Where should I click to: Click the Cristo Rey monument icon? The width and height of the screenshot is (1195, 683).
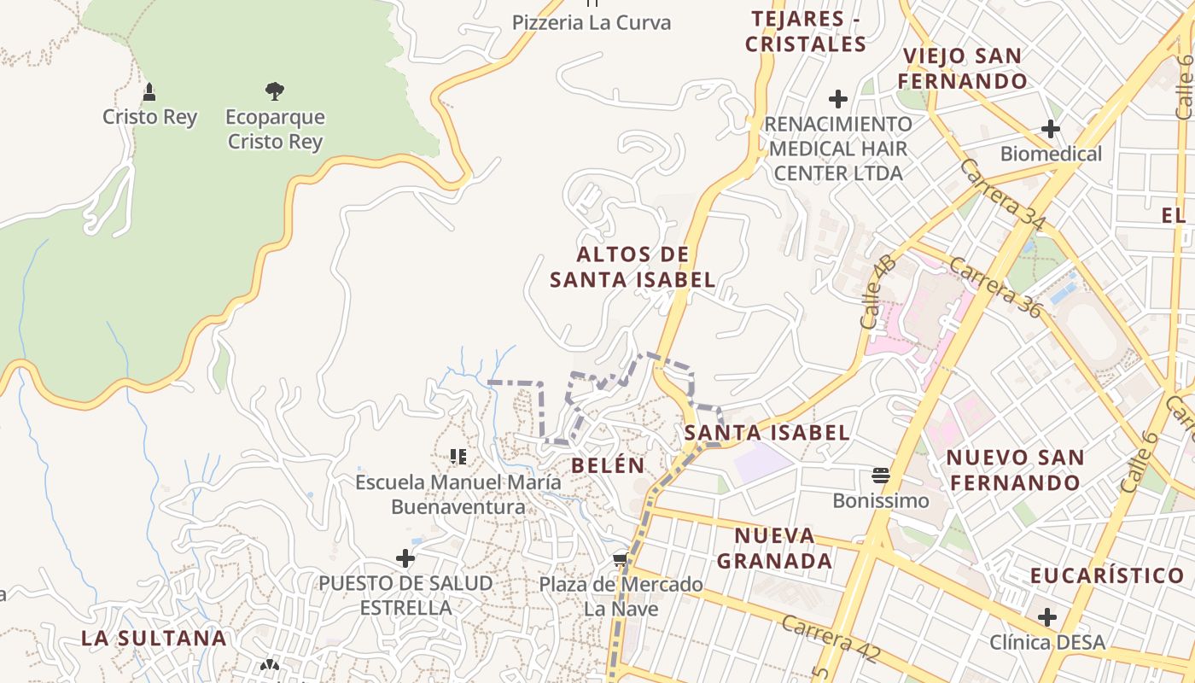pyautogui.click(x=149, y=91)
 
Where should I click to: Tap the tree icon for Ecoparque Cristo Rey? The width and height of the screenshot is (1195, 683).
pyautogui.click(x=274, y=90)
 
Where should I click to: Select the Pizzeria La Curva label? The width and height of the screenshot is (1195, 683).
pyautogui.click(x=592, y=23)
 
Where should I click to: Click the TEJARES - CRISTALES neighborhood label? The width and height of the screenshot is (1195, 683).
pyautogui.click(x=805, y=31)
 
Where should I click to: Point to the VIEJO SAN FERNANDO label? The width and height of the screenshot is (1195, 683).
pyautogui.click(x=963, y=69)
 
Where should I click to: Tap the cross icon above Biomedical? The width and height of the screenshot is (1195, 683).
pyautogui.click(x=1051, y=129)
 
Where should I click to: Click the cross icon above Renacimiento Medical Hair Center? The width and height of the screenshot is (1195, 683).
pyautogui.click(x=838, y=98)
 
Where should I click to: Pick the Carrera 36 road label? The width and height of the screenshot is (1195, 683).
pyautogui.click(x=995, y=287)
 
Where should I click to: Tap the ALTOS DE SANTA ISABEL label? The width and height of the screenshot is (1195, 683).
pyautogui.click(x=632, y=266)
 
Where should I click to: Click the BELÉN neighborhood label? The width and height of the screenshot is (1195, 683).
pyautogui.click(x=608, y=465)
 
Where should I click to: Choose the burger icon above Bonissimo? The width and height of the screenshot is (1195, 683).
pyautogui.click(x=881, y=475)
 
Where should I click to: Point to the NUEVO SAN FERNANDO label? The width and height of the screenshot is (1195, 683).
pyautogui.click(x=1015, y=470)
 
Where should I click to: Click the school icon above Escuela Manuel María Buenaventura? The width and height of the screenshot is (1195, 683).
pyautogui.click(x=458, y=457)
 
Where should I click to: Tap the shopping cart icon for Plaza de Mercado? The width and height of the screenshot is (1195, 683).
pyautogui.click(x=621, y=560)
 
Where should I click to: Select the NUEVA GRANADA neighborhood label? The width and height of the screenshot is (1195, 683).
pyautogui.click(x=774, y=548)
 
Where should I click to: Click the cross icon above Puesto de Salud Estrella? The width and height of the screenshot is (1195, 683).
pyautogui.click(x=405, y=558)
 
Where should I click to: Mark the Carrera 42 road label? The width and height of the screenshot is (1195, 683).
pyautogui.click(x=830, y=637)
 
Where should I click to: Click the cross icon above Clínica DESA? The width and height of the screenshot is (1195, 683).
pyautogui.click(x=1047, y=616)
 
